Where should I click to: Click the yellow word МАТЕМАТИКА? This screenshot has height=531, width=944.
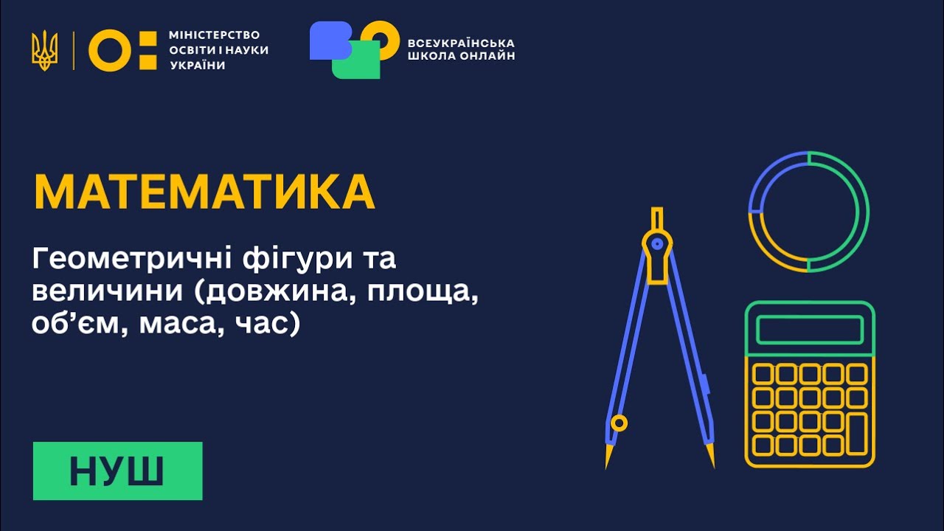tap(204, 192)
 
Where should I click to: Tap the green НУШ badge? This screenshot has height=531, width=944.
tap(117, 471)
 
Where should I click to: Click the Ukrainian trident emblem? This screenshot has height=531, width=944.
tap(44, 50)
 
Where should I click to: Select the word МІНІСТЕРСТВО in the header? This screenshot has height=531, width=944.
tap(215, 35)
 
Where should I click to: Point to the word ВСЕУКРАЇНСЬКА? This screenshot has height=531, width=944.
tap(461, 43)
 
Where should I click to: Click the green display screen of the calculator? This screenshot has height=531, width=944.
tap(809, 330)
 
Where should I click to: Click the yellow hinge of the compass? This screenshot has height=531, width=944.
tap(657, 243)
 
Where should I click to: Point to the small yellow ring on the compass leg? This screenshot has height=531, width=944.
tap(619, 423)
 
